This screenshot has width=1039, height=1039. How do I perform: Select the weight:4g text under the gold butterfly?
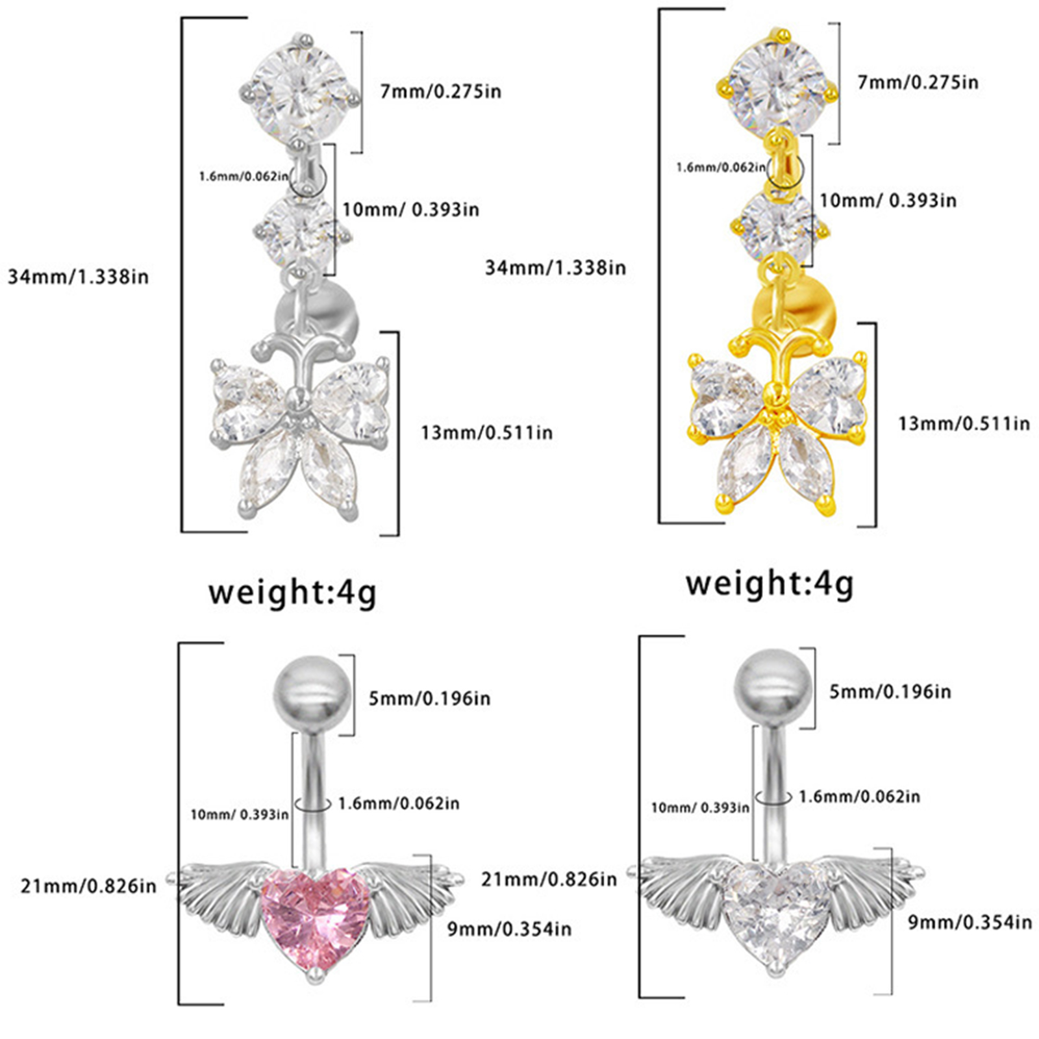[770, 584]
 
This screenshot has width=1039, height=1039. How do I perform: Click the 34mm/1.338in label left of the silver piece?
[78, 277]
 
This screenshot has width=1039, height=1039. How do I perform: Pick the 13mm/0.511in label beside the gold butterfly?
[964, 424]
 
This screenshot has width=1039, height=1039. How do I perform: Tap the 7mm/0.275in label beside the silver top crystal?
[441, 92]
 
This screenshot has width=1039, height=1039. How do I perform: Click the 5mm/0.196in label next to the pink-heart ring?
[430, 699]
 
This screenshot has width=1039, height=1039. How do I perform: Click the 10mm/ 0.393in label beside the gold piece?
[888, 200]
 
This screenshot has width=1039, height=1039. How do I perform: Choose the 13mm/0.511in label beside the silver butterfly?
[487, 432]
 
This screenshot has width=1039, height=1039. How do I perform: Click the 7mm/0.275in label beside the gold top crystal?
[918, 82]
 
